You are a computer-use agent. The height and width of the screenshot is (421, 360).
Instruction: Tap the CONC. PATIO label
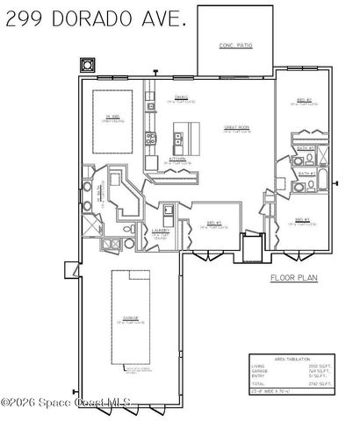tap(234, 46)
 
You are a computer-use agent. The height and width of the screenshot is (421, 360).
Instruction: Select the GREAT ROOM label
tap(234, 127)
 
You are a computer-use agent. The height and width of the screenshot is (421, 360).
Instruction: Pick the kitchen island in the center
tap(185, 133)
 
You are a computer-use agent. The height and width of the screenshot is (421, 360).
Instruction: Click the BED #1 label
tap(213, 222)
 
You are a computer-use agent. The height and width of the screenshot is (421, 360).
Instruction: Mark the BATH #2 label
tap(306, 174)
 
